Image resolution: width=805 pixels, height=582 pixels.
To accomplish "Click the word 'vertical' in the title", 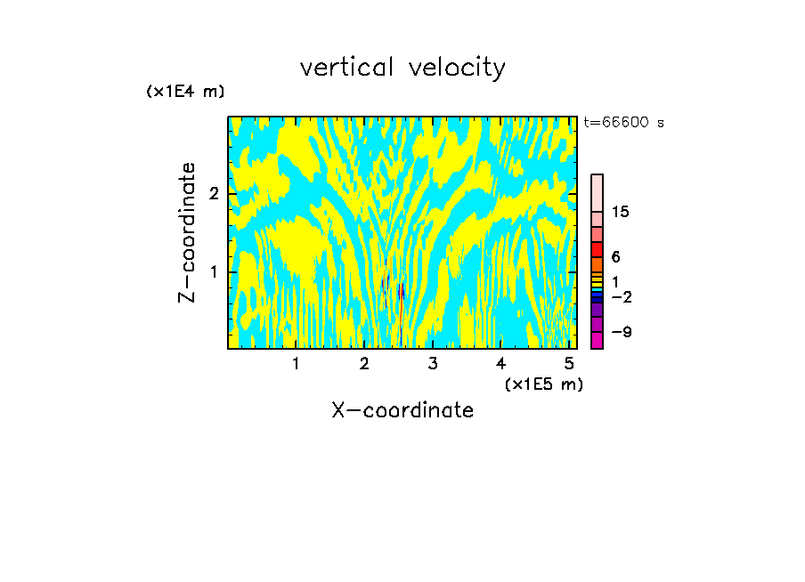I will pyautogui.click(x=343, y=68).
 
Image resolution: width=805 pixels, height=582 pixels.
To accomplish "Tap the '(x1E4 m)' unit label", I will pyautogui.click(x=185, y=91).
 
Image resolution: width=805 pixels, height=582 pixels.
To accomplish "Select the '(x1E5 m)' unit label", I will pyautogui.click(x=544, y=384).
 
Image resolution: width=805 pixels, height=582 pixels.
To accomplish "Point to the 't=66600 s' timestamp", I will pyautogui.click(x=623, y=123).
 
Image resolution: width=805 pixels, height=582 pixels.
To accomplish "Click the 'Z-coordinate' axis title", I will pyautogui.click(x=187, y=232).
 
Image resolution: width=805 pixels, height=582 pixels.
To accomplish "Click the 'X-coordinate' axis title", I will pyautogui.click(x=402, y=410).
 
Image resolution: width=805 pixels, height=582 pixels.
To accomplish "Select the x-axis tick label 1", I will pyautogui.click(x=297, y=363).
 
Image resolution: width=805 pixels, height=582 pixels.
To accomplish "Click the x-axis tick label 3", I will pyautogui.click(x=433, y=363).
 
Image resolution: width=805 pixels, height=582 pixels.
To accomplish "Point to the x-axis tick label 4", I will pyautogui.click(x=500, y=363).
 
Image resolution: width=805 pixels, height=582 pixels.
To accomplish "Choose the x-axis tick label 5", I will pyautogui.click(x=568, y=363).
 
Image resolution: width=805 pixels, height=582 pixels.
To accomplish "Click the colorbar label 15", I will pyautogui.click(x=621, y=212).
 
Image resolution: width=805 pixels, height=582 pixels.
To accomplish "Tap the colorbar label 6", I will pyautogui.click(x=615, y=256).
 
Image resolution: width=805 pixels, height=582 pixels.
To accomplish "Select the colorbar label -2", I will pyautogui.click(x=621, y=296).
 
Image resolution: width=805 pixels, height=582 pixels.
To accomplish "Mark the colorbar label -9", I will pyautogui.click(x=621, y=332).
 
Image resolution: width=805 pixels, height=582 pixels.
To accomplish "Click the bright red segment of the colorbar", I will pyautogui.click(x=597, y=249).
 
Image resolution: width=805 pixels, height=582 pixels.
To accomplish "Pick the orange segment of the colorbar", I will pyautogui.click(x=597, y=264).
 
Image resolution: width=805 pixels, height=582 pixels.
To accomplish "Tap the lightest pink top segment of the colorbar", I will pyautogui.click(x=597, y=192).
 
